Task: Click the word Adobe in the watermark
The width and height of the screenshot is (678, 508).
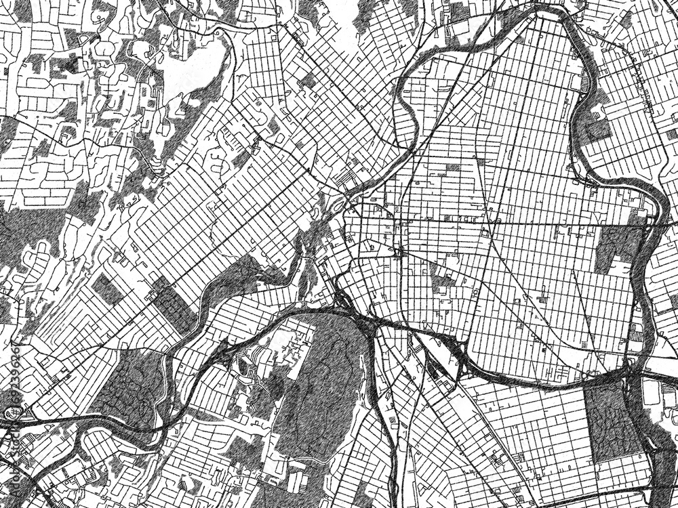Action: pos(9,484)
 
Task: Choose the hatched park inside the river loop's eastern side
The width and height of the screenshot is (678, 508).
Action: pos(614,247)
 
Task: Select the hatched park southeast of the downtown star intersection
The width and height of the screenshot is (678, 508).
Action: pos(441,278)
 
